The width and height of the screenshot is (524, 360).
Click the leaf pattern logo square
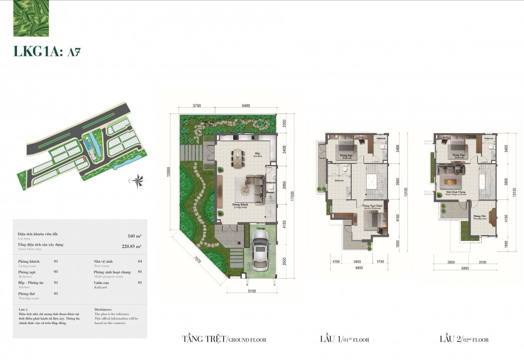click(x=31, y=19)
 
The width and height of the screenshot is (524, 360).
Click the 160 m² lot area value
click(x=134, y=236)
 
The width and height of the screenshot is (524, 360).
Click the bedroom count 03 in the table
click(x=56, y=272)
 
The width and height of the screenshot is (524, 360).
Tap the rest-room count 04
click(x=140, y=261)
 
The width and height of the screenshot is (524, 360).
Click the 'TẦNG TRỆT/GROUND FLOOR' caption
click(x=224, y=339)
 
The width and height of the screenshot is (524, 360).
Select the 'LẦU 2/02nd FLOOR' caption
click(x=464, y=339)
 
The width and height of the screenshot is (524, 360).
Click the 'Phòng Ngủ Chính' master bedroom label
click(x=372, y=206)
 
